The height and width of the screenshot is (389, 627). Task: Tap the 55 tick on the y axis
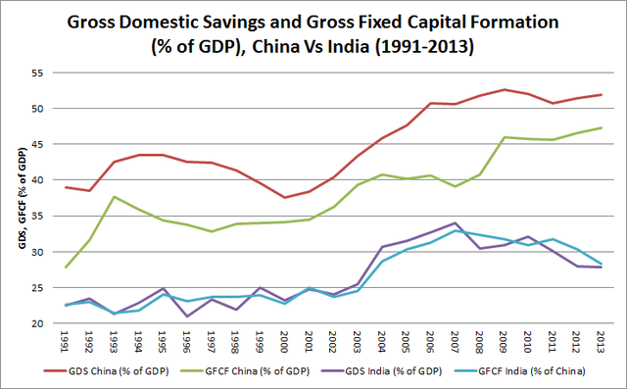click(40, 73)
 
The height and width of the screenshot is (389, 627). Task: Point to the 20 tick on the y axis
click(40, 323)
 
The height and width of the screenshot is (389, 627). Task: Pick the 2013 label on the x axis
click(601, 341)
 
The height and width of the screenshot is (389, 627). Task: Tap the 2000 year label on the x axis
click(285, 341)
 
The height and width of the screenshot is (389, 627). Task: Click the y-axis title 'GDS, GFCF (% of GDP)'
click(17, 197)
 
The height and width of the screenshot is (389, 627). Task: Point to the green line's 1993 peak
click(116, 197)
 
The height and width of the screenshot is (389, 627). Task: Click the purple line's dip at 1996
click(188, 316)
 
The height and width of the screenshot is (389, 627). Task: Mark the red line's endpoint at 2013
click(601, 95)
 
